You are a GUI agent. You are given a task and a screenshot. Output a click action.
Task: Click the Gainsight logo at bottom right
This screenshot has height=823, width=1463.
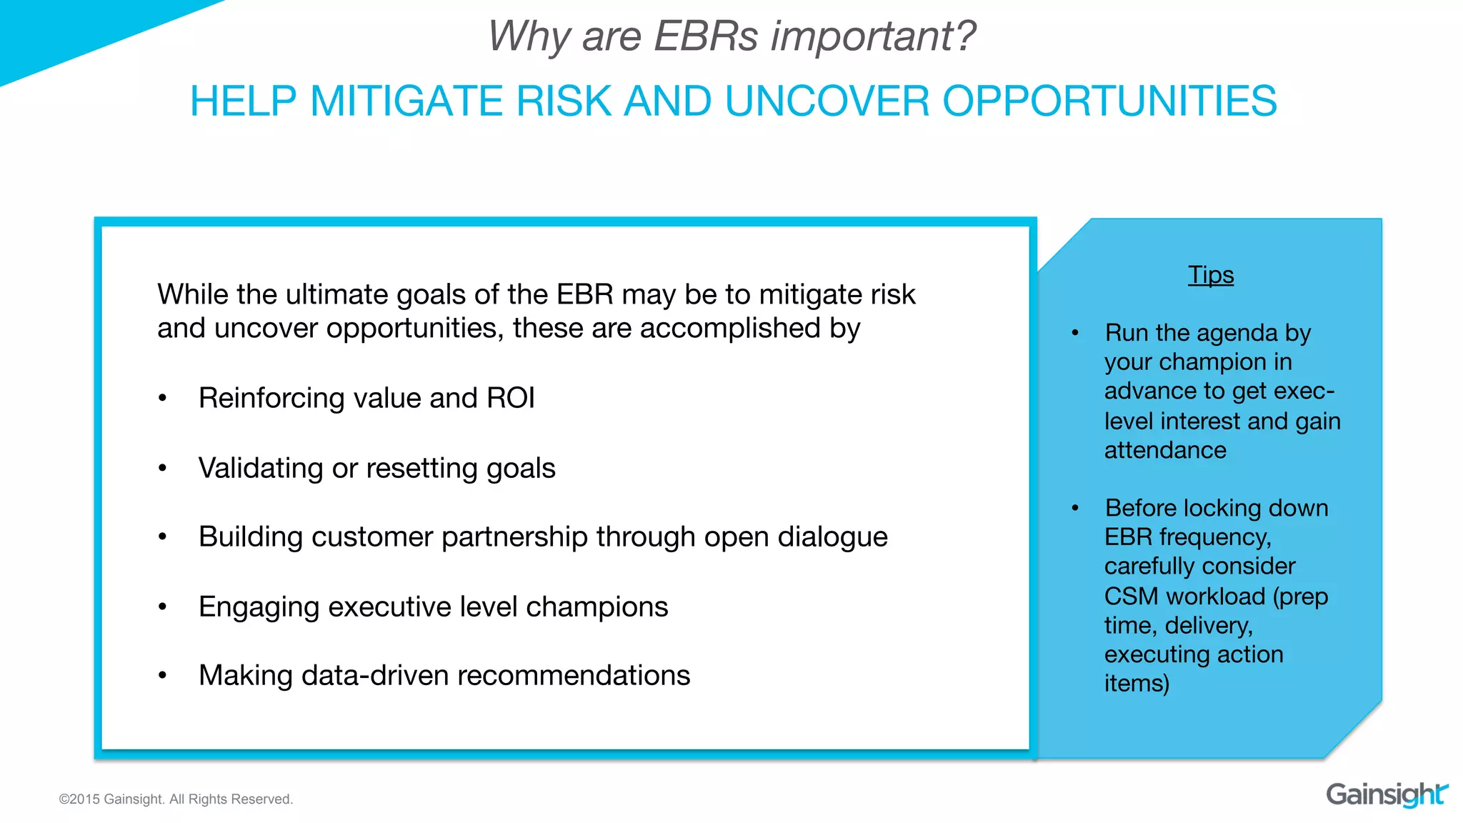[x=1386, y=794]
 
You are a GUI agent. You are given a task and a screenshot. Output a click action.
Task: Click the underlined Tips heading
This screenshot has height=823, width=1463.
[x=1210, y=275]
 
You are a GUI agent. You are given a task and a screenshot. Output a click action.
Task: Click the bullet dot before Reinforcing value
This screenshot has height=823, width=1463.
[x=163, y=398]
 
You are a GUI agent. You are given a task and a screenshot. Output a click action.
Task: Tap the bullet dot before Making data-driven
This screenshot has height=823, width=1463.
[x=163, y=675]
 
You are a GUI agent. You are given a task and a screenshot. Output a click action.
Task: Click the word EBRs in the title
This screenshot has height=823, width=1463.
[x=705, y=36]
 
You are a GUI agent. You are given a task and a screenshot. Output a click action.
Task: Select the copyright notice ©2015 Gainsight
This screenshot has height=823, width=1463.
[x=176, y=799]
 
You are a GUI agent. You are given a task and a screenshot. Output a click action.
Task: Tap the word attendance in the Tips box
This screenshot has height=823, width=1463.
[x=1165, y=451]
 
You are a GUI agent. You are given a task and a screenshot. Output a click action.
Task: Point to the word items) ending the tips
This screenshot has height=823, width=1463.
[x=1137, y=684]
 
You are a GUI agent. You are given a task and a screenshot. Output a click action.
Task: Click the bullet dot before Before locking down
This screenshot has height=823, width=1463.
[x=1075, y=508]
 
